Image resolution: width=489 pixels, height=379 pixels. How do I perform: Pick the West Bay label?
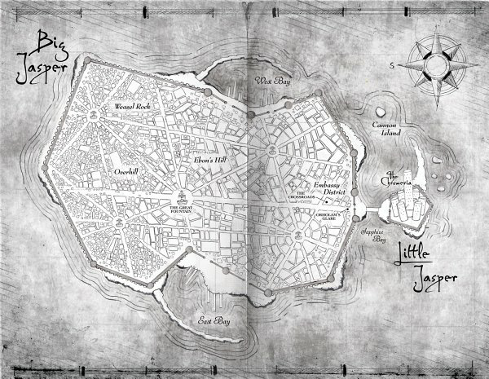pyautogui.click(x=271, y=82)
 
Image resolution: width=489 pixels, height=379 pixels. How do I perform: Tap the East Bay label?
pyautogui.click(x=214, y=323)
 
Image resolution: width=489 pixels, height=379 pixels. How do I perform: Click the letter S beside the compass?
pyautogui.click(x=392, y=64)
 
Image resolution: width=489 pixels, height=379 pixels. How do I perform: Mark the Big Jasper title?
pyautogui.click(x=48, y=58)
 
